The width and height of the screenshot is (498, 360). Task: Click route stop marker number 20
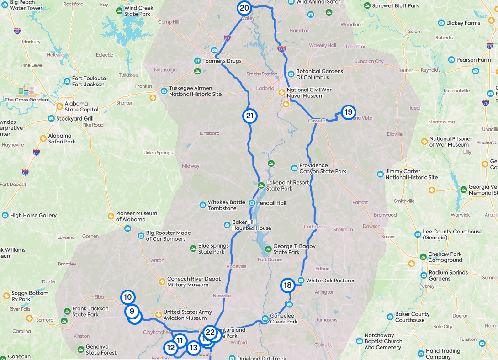tap(244, 8)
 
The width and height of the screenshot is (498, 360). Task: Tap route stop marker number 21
tap(249, 116)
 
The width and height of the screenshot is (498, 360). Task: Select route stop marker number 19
tap(348, 112)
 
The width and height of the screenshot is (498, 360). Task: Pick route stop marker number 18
tap(287, 286)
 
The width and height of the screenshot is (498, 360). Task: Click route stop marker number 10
tap(128, 297)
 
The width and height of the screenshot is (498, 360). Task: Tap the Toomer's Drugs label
tap(222, 61)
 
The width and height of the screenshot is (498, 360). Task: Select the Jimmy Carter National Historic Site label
tap(411, 174)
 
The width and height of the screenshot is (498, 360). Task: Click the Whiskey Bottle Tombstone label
tap(226, 206)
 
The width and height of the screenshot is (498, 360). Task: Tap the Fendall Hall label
tap(271, 203)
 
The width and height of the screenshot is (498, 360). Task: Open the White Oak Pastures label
tap(330, 281)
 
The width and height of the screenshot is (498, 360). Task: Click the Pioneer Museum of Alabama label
tap(136, 216)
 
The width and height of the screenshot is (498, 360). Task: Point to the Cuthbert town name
tap(314, 227)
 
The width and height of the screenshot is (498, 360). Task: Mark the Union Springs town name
tap(158, 153)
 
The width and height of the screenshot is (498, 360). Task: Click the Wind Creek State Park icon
tap(119, 11)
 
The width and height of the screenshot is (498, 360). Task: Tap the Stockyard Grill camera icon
tap(51, 119)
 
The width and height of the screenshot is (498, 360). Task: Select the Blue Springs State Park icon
tap(193, 249)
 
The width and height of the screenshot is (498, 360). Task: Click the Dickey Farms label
tap(463, 23)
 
